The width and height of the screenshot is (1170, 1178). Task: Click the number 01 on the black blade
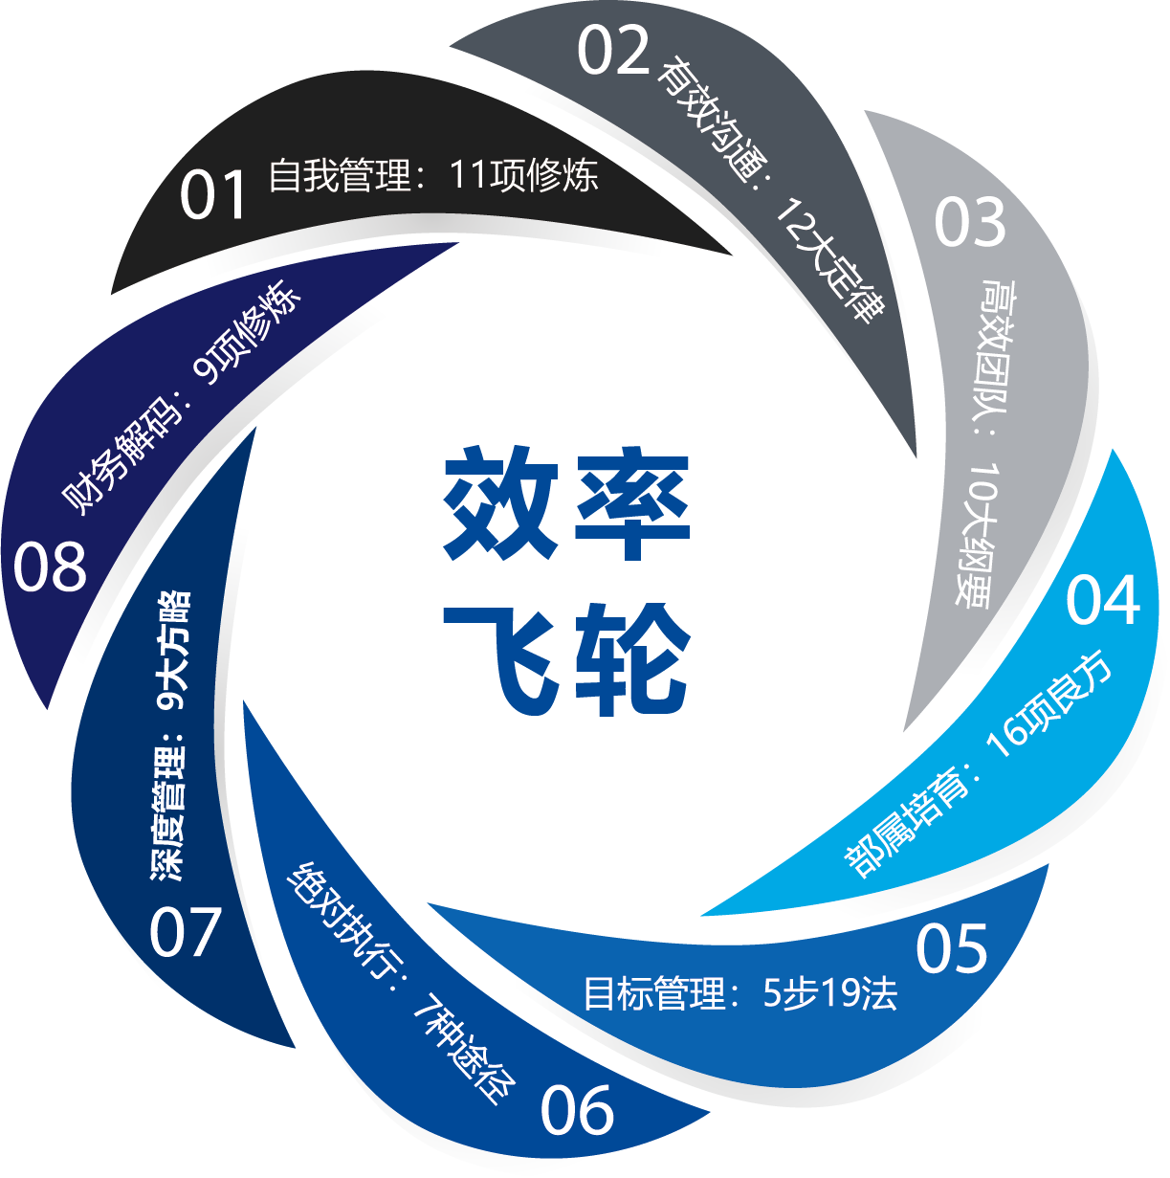point(214,195)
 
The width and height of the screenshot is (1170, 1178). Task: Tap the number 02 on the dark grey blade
point(613,52)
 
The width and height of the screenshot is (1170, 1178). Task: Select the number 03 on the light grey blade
point(969,223)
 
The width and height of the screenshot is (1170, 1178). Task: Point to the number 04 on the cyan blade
point(1103,601)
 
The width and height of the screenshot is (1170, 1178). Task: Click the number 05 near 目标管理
point(951,949)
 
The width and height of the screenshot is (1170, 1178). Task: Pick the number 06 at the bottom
point(576,1111)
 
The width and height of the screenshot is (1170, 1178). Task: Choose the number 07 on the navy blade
point(186,932)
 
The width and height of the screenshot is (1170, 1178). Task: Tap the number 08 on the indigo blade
point(50,567)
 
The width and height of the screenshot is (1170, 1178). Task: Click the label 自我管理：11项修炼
point(433,175)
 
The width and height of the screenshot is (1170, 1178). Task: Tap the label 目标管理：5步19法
point(740,994)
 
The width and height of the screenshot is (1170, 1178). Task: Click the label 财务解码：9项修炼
point(182,397)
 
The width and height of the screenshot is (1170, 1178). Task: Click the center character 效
point(500,503)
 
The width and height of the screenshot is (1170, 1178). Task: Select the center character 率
point(631,503)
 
